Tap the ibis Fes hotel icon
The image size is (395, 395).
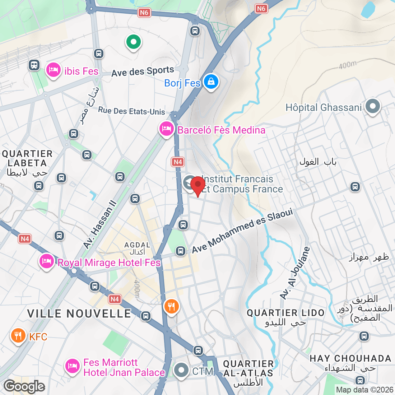(53, 70)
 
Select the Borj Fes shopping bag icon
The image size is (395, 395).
(211, 82)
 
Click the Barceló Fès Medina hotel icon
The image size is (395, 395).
(166, 129)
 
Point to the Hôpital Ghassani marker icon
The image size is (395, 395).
(373, 106)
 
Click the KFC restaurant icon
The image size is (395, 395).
(18, 336)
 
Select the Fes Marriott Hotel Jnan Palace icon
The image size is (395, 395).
(72, 366)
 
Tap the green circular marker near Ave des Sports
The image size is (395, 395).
(133, 42)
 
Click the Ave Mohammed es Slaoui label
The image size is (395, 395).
(242, 231)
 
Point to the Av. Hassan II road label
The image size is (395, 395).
(100, 224)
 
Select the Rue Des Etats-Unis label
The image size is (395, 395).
(131, 111)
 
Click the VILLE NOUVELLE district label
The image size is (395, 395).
(79, 313)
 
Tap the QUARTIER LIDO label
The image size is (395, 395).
(285, 313)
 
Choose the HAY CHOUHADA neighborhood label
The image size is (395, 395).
(350, 358)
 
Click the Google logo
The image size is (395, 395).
(24, 386)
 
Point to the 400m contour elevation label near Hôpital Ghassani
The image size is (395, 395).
(348, 65)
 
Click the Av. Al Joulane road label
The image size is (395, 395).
(295, 273)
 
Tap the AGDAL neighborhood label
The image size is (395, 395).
(137, 245)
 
